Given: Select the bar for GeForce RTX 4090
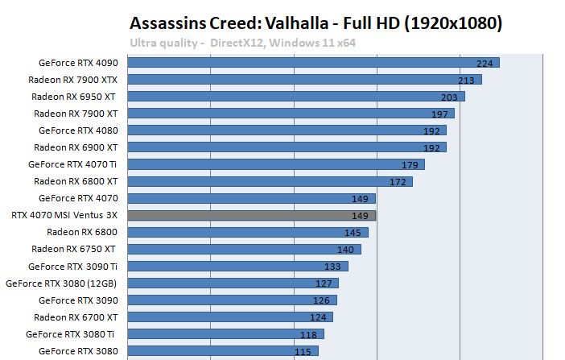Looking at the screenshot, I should point(313,62).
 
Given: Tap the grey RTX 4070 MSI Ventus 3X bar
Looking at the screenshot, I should point(251,215).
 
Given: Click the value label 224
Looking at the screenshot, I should point(484,63).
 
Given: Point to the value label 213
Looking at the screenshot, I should point(465,80).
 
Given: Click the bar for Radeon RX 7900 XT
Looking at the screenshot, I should point(291,114).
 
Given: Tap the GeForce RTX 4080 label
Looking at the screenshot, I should point(78,130).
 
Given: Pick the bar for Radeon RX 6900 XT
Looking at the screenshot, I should point(287,147).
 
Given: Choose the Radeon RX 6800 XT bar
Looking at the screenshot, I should point(270,181).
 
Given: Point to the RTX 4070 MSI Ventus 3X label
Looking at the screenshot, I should point(64,215).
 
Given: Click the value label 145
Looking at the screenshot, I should point(353,233).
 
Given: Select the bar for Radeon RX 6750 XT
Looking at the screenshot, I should point(244,249).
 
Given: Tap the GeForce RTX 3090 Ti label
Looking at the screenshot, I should point(73,266).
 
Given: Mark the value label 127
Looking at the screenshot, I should point(324,283).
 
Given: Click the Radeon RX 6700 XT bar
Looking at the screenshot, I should point(230,317).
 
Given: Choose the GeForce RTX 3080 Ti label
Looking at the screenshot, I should point(72,333).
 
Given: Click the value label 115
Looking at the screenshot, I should point(303,352).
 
